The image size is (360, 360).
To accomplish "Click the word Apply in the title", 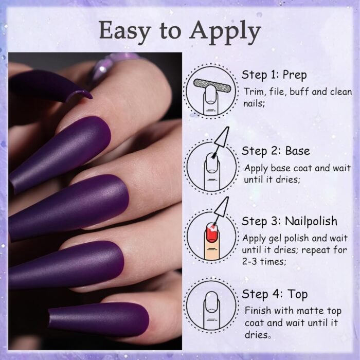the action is tap(225, 32).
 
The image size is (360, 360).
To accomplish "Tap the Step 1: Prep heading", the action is tap(274, 75).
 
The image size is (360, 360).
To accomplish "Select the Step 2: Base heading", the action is tap(276, 152).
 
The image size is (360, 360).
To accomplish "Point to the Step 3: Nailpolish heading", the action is tap(290, 222).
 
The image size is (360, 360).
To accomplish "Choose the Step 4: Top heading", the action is tap(275, 295).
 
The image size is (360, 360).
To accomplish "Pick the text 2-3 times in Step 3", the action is tap(264, 261).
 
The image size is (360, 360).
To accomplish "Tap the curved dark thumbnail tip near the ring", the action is tap(78, 95).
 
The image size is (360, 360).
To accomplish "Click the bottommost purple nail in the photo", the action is tap(99, 319).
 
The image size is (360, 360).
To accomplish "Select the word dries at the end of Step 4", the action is tap(256, 335).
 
